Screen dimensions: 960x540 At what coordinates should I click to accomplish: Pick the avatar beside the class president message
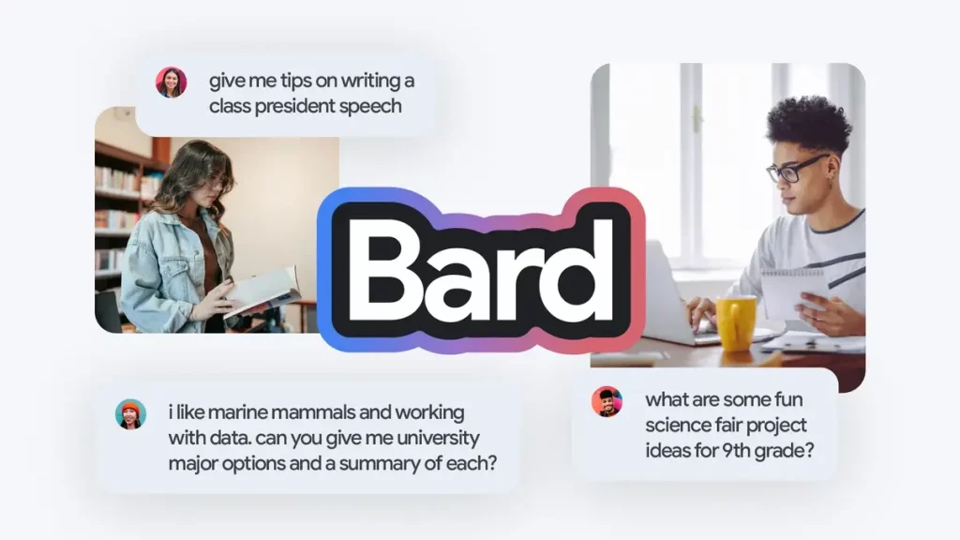click(171, 82)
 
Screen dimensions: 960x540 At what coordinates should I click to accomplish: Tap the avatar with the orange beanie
click(130, 413)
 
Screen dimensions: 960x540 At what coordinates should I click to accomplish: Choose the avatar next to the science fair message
click(607, 401)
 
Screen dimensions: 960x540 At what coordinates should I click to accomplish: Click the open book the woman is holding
click(263, 292)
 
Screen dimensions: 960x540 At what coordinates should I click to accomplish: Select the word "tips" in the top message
click(295, 81)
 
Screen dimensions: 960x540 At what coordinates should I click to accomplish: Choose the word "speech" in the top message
click(370, 107)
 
